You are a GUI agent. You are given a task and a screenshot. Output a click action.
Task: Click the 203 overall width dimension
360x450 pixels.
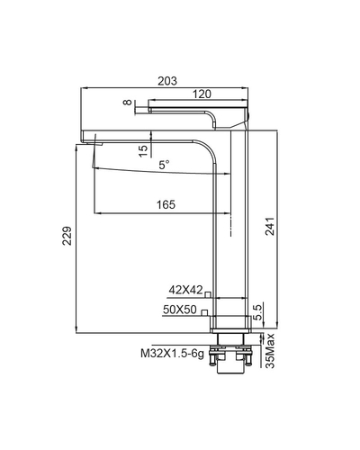coord(166,81)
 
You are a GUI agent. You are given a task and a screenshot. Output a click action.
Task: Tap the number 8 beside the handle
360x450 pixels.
coord(128,104)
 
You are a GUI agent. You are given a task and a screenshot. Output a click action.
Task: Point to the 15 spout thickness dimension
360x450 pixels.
coord(143,149)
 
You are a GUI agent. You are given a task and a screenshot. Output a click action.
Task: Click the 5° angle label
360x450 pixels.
coord(164,166)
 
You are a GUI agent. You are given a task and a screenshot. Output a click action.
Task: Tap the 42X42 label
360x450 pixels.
coord(184,290)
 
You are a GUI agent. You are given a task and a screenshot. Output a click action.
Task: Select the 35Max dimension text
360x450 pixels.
coord(268,352)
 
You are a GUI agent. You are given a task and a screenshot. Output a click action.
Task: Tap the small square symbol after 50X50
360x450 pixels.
coord(204,311)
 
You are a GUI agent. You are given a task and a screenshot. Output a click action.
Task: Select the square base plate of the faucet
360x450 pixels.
coord(229,321)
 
